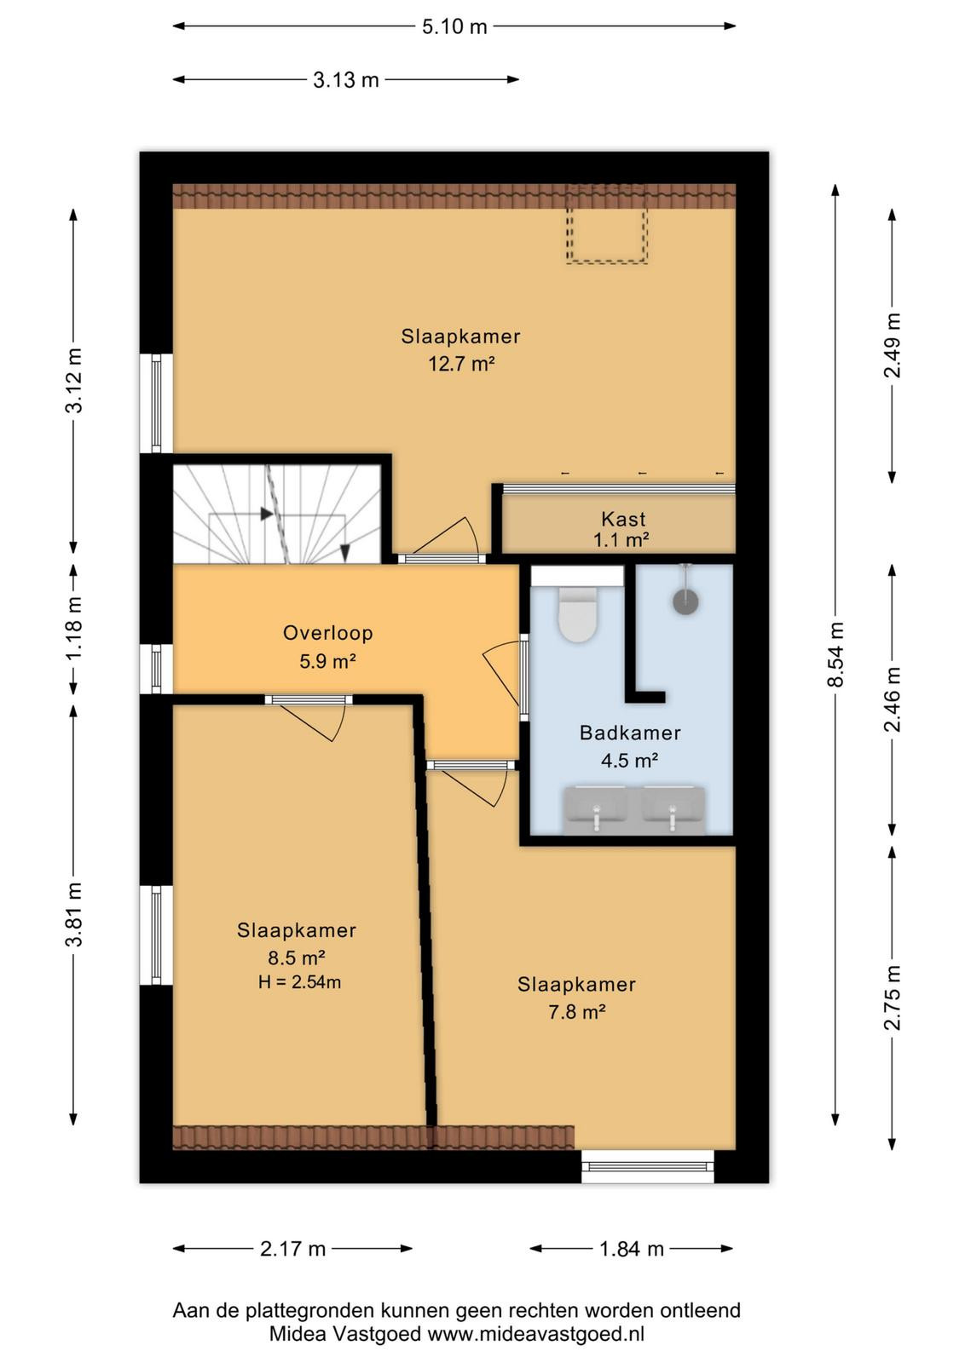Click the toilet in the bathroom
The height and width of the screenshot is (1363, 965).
(577, 613)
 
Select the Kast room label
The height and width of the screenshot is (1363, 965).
(623, 519)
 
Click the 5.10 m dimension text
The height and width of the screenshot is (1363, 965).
(455, 26)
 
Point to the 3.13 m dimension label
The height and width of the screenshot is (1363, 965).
(346, 80)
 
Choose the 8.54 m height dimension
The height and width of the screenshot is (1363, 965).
(835, 654)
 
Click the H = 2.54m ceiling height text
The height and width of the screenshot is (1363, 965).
(299, 981)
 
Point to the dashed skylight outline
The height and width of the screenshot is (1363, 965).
(606, 224)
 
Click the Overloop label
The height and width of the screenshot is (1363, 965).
(327, 633)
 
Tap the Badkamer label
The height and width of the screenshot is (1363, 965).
(629, 733)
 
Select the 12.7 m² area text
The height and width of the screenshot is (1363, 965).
(461, 364)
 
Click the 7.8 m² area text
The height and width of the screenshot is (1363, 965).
(576, 1012)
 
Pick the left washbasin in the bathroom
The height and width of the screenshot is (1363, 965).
(596, 811)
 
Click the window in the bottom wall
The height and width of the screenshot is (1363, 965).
(647, 1166)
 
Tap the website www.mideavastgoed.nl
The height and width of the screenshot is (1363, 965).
(535, 1334)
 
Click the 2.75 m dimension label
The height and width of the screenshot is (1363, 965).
(892, 998)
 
